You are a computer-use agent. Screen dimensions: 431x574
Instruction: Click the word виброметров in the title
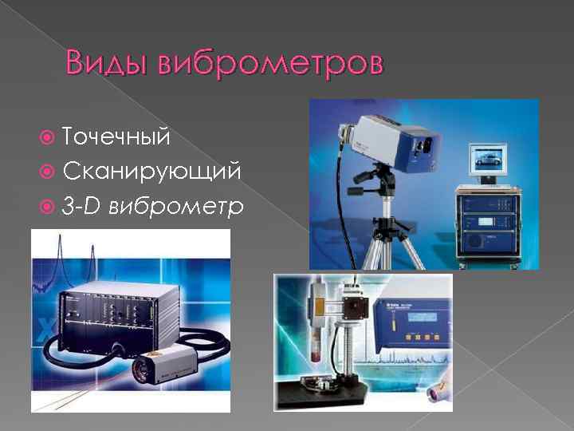pos(272,62)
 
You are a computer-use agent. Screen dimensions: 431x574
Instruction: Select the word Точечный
pos(116,136)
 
